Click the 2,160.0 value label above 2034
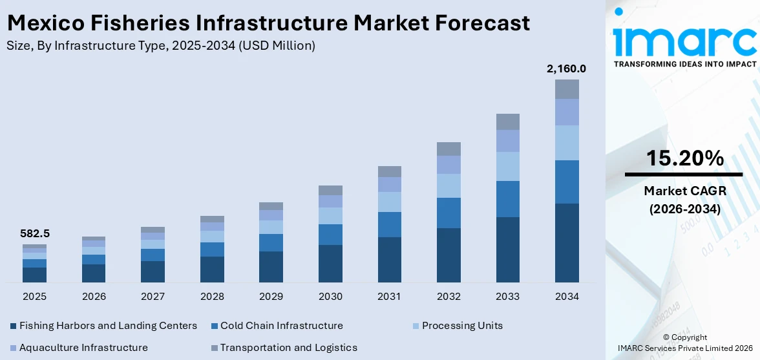[x=567, y=69]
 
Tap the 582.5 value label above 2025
[x=34, y=233]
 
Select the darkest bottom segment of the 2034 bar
[x=567, y=243]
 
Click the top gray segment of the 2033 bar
[x=507, y=122]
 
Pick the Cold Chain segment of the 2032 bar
[x=449, y=213]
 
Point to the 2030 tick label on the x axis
[x=330, y=297]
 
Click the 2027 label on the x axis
[x=153, y=297]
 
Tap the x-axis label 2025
[x=34, y=297]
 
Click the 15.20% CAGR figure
[x=683, y=159]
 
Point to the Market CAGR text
[x=683, y=191]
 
